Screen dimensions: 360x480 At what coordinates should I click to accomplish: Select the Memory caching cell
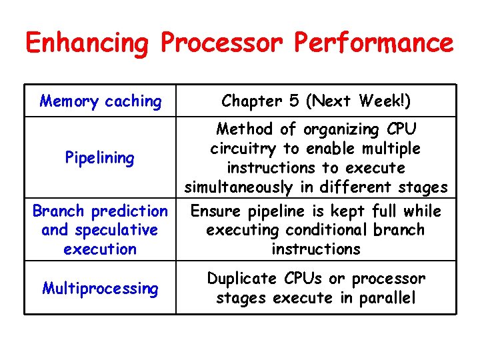tap(100, 101)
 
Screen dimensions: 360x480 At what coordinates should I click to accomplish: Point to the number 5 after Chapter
tap(295, 101)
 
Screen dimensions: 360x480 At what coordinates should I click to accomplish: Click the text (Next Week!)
tap(359, 101)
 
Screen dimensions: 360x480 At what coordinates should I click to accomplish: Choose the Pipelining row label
tap(99, 158)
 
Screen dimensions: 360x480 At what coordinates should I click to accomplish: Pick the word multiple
tap(390, 148)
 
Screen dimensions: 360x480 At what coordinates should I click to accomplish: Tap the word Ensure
tap(214, 211)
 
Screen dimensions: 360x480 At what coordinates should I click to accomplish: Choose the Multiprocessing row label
tap(99, 289)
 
